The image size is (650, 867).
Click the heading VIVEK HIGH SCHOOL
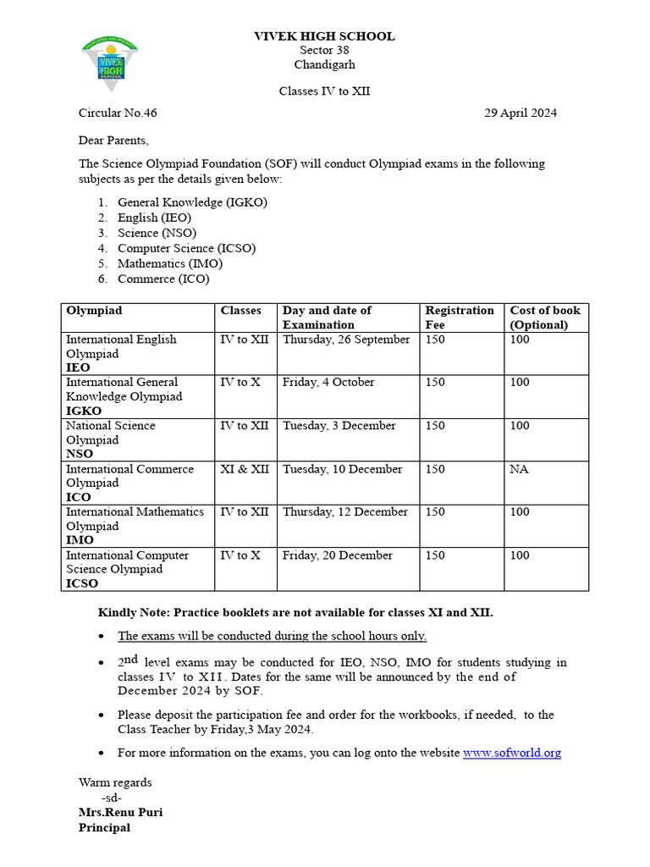[324, 36]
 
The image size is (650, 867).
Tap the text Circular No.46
[118, 113]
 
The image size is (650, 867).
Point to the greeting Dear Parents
[113, 141]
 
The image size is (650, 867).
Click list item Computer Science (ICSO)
[186, 248]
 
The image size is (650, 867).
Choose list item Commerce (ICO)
[163, 279]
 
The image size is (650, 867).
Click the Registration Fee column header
[459, 318]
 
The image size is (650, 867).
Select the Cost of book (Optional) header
[544, 318]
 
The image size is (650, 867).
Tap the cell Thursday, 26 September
[346, 340]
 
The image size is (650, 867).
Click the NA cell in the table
[519, 469]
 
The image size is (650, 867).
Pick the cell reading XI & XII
[245, 469]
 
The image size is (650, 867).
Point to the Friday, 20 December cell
[338, 555]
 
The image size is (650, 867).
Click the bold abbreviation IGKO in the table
[84, 411]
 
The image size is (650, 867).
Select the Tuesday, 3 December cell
[339, 426]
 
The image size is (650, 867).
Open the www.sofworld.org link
[511, 753]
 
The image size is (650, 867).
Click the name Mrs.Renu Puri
[120, 813]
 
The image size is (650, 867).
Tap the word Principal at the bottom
[104, 828]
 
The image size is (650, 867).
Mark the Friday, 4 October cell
[328, 383]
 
